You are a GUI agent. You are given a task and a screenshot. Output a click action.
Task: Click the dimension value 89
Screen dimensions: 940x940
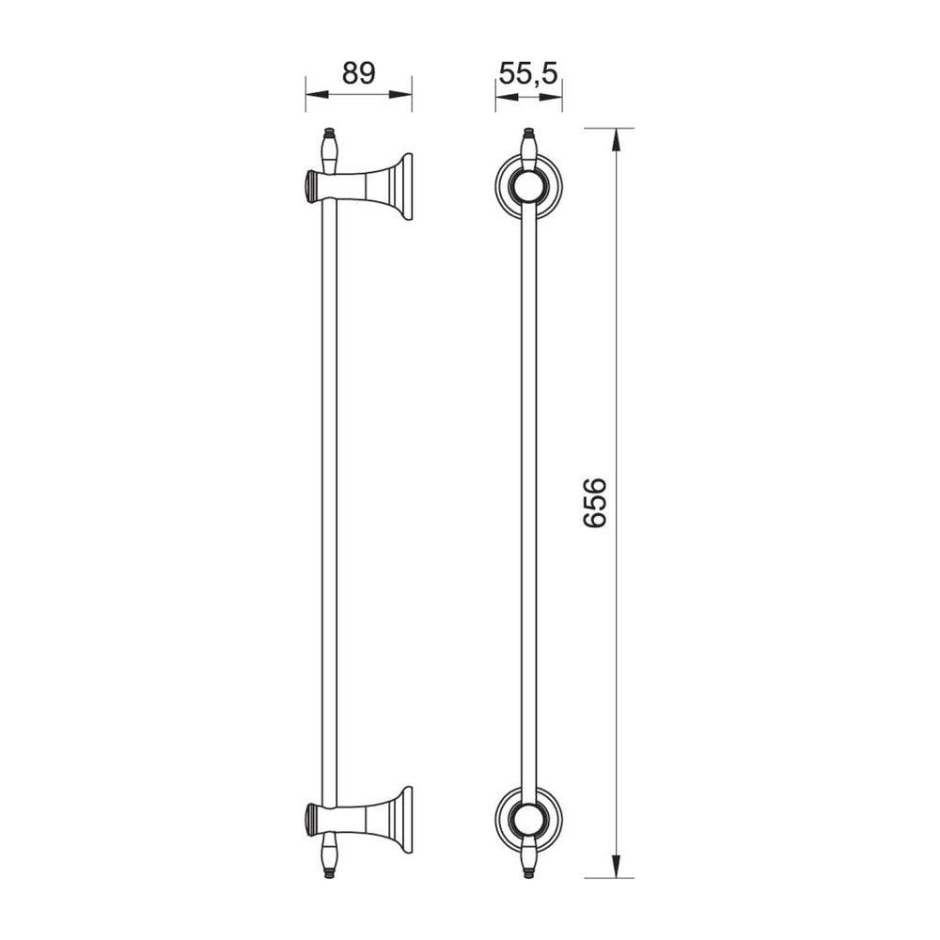[x=358, y=73]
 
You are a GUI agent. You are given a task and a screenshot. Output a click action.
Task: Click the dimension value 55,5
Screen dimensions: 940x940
[x=528, y=74]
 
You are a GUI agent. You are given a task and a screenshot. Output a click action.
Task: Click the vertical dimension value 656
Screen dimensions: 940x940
[x=595, y=502]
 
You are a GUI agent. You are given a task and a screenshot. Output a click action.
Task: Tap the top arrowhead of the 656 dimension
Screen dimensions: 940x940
[x=617, y=142]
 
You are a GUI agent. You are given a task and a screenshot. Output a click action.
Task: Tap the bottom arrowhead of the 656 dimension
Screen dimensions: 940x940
[x=617, y=865]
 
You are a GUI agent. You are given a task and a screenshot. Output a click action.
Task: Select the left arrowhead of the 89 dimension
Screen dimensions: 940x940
[x=318, y=94]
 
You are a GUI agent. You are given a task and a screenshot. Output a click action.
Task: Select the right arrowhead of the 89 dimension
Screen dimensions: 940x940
[x=399, y=94]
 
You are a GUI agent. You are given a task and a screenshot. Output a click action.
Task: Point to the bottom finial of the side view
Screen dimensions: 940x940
[x=328, y=855]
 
